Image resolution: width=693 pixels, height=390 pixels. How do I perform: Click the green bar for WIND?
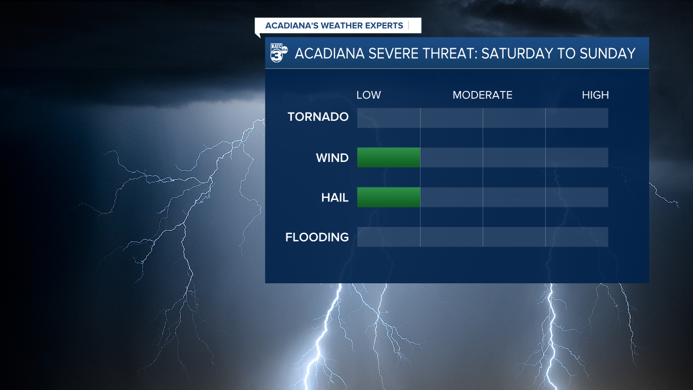389,158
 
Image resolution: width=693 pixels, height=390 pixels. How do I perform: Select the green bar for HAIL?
389,197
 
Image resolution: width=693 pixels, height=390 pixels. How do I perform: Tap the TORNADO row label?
318,117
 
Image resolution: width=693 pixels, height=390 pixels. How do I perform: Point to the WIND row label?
332,158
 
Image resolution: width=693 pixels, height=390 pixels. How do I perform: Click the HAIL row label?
335,198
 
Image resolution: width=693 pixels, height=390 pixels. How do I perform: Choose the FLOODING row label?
317,237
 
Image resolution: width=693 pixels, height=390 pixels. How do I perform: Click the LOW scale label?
368,95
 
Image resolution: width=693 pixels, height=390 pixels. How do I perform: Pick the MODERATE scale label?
482,95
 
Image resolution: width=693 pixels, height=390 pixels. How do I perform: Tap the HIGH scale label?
595,95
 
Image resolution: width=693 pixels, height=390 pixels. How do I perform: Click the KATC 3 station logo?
278,53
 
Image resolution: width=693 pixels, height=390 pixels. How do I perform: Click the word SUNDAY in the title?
606,54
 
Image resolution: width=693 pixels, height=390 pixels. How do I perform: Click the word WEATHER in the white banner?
339,25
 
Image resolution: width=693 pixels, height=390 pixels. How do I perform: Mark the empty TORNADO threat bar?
482,118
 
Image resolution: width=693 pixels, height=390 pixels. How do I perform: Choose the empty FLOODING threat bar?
482,237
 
